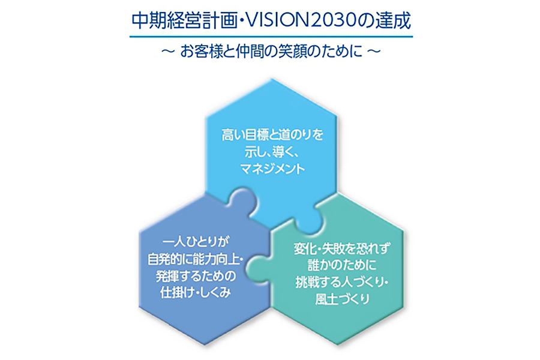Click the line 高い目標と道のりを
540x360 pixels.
pyautogui.click(x=271, y=135)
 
